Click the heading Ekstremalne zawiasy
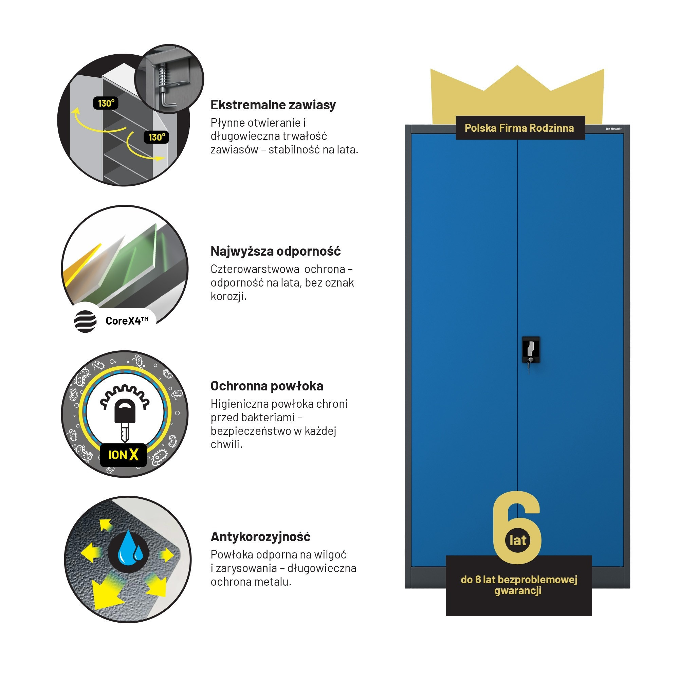[273, 105]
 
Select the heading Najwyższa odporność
[276, 251]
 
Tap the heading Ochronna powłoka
[267, 386]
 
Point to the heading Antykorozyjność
[260, 537]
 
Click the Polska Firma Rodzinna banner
[520, 128]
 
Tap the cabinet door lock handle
[531, 350]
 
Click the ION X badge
[123, 455]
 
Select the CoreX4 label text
[127, 320]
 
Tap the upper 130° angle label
[106, 103]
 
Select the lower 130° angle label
[157, 137]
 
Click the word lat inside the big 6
[518, 540]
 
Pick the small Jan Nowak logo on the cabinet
[613, 129]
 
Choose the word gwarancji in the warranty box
[518, 590]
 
